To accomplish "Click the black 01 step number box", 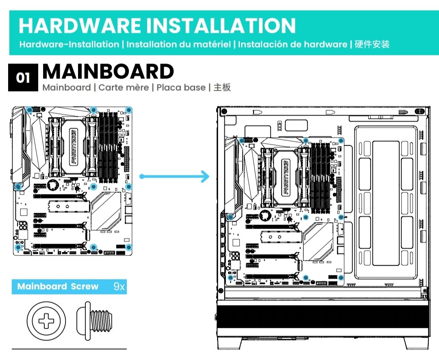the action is pos(23,77).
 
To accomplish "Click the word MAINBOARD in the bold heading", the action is pos(108,72).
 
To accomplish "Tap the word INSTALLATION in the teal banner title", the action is pos(221,26).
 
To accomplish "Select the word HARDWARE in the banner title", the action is pos(80,26).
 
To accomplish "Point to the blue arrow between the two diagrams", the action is pos(174,176).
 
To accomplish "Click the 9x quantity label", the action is pos(119,286).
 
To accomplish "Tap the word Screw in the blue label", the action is pos(85,286).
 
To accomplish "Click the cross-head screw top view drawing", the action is pos(46,321).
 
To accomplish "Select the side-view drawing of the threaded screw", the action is pos(94,321).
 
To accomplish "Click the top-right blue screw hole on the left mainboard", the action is pos(128,110).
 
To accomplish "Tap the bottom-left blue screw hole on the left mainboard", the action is pos(18,247).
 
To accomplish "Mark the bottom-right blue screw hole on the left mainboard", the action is pos(128,247).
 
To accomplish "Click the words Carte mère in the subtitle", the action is pos(124,87).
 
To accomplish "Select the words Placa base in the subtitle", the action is pos(181,87).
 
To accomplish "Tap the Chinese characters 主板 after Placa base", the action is pos(222,87).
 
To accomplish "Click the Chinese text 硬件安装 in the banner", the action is pos(372,44).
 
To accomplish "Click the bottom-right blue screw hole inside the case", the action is pos(341,278).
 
